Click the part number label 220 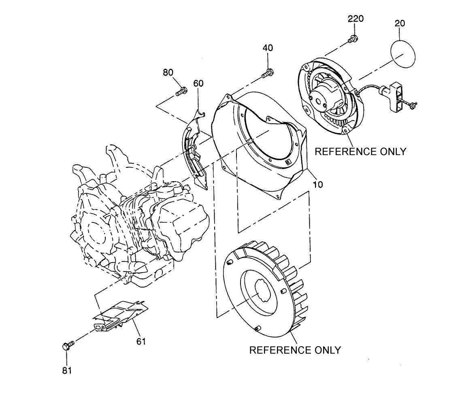click(x=356, y=19)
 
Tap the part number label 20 click(x=400, y=23)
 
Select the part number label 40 click(x=268, y=48)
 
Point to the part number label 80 click(x=168, y=73)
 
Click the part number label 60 click(x=198, y=83)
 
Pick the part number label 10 click(x=318, y=184)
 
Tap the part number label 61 click(x=141, y=341)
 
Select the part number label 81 click(x=67, y=370)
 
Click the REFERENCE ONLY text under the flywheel click(x=295, y=350)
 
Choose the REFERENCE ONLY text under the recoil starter click(x=360, y=151)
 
